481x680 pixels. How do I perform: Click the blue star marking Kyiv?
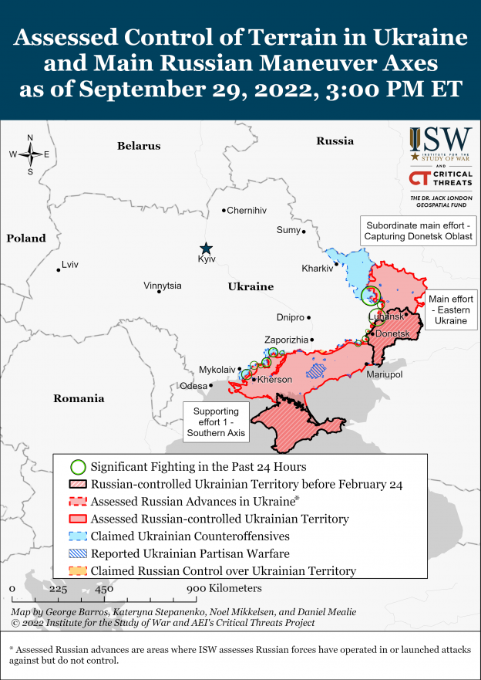tap(206, 248)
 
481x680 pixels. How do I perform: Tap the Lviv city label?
tap(69, 265)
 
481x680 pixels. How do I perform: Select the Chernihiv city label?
tap(247, 210)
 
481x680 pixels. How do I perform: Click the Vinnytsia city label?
tap(163, 286)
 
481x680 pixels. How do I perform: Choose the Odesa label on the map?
tap(193, 386)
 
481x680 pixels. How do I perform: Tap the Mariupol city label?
tap(385, 374)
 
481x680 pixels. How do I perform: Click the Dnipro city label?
tap(290, 317)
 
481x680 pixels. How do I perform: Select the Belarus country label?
tap(139, 146)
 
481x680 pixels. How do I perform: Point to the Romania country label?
tap(78, 399)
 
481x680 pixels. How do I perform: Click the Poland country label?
tap(26, 239)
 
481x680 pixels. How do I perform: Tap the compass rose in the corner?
tap(30, 154)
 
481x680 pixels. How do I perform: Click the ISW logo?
tap(440, 143)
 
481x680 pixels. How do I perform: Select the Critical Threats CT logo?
tap(440, 179)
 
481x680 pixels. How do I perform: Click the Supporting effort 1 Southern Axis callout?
tap(215, 422)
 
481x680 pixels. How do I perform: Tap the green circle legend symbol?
tap(77, 467)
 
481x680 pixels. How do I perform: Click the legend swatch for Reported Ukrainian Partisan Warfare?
tap(77, 553)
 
